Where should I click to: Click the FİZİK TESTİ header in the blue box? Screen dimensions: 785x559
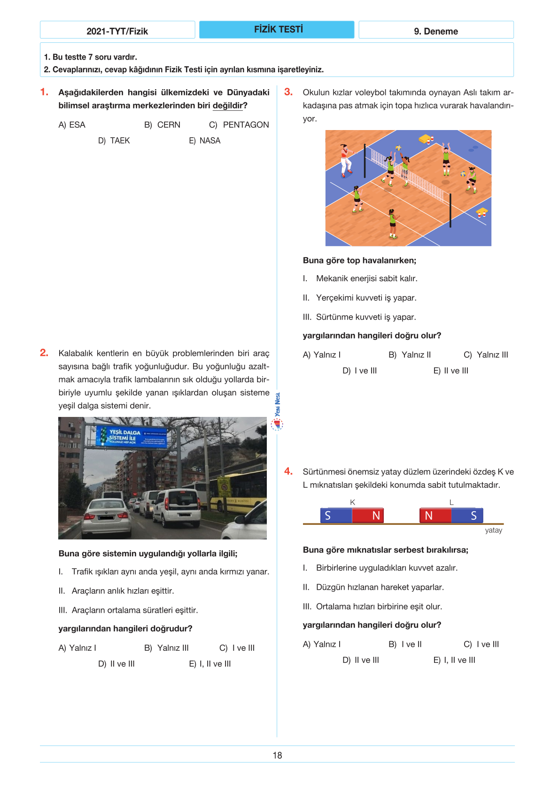click(x=278, y=30)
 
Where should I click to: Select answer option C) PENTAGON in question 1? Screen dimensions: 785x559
click(x=239, y=125)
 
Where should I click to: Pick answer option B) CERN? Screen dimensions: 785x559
click(x=162, y=125)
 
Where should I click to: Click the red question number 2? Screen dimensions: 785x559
click(x=44, y=353)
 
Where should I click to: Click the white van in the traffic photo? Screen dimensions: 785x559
click(x=177, y=507)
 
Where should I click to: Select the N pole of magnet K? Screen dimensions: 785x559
click(x=368, y=516)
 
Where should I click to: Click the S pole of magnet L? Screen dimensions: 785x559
click(x=467, y=516)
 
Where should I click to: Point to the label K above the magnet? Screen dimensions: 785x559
click(x=352, y=502)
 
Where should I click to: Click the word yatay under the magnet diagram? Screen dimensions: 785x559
click(x=493, y=530)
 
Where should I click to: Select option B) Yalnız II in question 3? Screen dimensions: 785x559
click(x=409, y=355)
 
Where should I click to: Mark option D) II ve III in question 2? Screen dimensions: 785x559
click(x=116, y=664)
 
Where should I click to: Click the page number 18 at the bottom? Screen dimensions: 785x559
click(x=277, y=755)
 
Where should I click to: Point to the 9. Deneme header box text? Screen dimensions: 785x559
click(x=435, y=31)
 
